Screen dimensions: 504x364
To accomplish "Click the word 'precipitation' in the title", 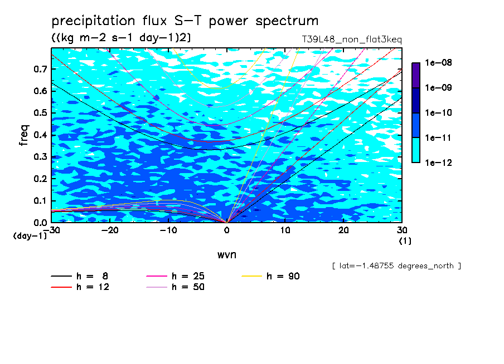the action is pos(93,21).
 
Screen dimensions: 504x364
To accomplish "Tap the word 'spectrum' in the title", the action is pos(287,21).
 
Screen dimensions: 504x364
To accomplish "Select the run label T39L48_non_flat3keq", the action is pos(352,40).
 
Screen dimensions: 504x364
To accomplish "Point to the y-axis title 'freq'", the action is pos(24,135).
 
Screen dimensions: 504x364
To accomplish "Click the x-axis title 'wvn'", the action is pos(227,255).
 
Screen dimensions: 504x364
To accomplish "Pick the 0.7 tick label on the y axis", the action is pos(41,69).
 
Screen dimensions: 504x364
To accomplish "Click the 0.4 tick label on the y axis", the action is pos(41,135).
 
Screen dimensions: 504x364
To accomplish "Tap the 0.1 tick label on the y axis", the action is pos(41,200).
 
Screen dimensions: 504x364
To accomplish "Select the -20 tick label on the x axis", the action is pos(110,230).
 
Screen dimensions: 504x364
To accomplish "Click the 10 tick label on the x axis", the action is pos(285,230).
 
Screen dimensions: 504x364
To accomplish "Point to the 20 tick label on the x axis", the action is pos(343,230).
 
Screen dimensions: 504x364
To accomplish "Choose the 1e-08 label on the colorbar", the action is pos(438,62).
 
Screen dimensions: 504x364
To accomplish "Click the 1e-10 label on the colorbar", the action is pos(438,112).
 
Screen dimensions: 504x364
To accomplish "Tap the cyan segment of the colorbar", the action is pos(416,150).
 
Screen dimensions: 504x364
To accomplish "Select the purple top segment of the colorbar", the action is pos(416,75).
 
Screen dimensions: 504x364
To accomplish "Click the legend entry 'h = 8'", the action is pos(79,276).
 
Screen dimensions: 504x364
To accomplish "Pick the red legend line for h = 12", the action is pos(61,287).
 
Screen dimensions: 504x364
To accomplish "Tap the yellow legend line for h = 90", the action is pos(251,276).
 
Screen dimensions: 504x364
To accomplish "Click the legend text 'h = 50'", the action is pos(188,287).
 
